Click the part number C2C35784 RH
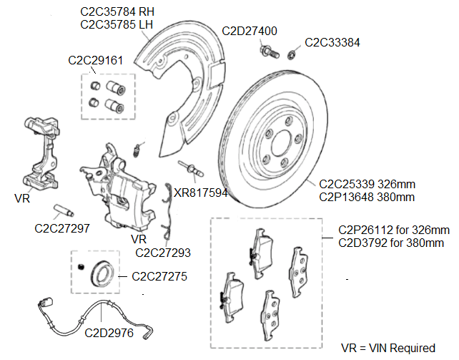click(116, 11)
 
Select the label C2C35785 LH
click(116, 25)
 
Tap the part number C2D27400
click(250, 31)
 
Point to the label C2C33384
click(332, 42)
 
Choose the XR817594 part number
click(201, 193)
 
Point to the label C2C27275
click(159, 276)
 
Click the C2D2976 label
click(107, 332)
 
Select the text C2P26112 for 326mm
click(393, 230)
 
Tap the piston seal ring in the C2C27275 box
click(99, 272)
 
